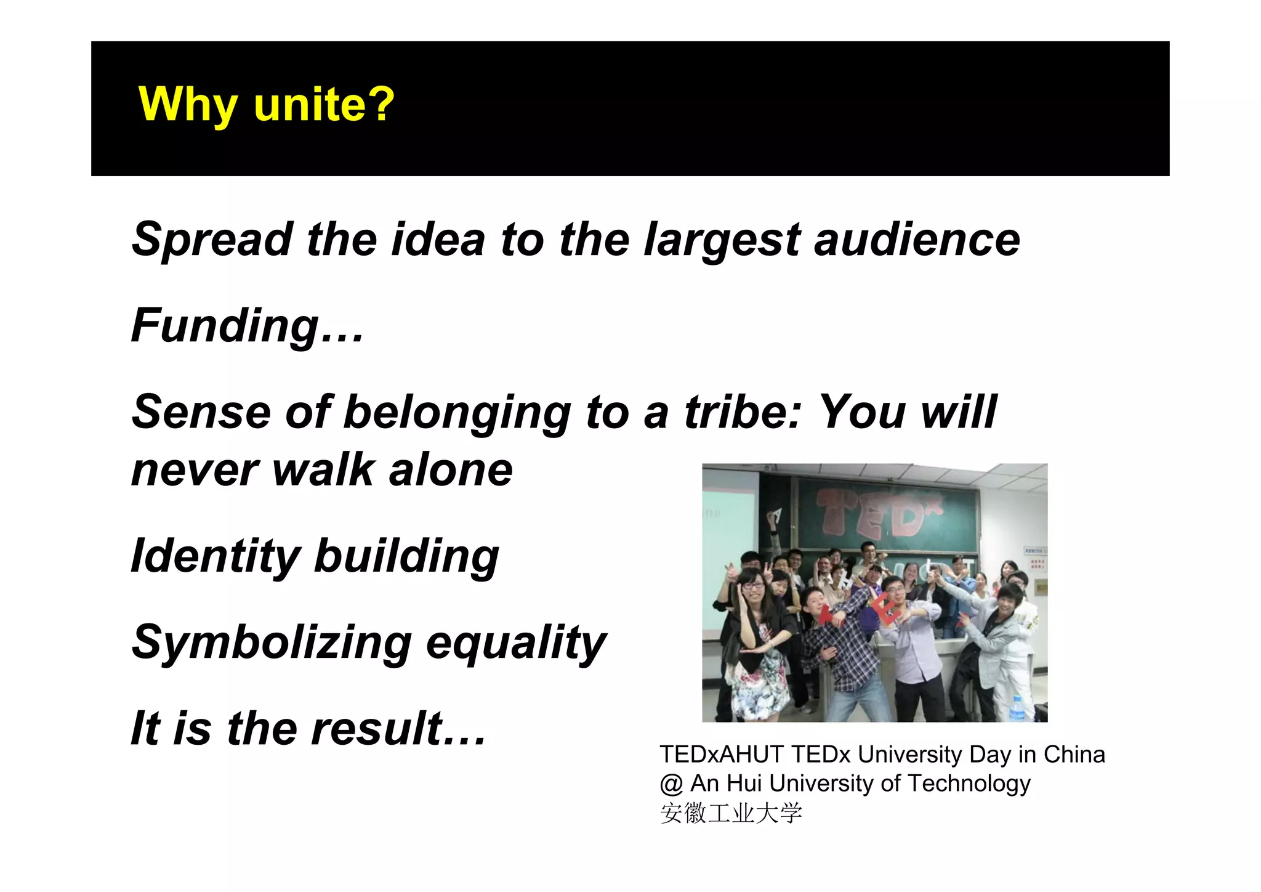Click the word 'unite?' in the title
(x=324, y=104)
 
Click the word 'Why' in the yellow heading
(x=188, y=105)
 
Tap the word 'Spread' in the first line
(x=212, y=240)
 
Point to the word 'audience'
(x=917, y=240)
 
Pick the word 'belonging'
(x=457, y=413)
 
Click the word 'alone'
(x=451, y=470)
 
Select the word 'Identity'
(x=216, y=557)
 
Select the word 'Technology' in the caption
(x=969, y=784)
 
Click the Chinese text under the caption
(x=731, y=813)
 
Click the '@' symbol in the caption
(x=671, y=784)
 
